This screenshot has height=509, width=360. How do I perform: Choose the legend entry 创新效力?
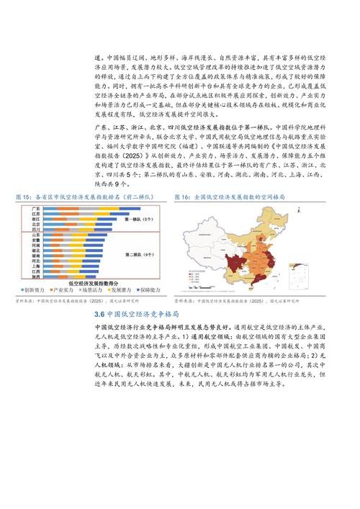36,290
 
